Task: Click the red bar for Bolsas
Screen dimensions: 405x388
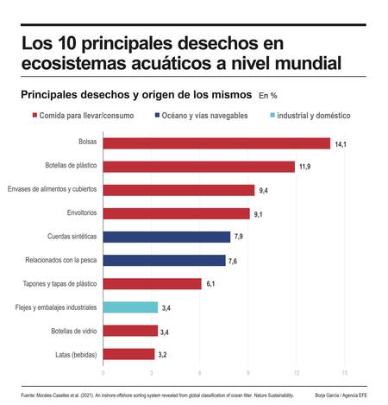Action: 216,143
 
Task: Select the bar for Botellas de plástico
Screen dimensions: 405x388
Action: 198,167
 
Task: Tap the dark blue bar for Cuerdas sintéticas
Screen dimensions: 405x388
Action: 166,237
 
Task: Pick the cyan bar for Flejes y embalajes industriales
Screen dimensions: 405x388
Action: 130,307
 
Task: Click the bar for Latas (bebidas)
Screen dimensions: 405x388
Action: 128,353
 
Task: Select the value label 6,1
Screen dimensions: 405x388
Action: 212,284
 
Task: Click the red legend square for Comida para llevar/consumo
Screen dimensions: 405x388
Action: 34,115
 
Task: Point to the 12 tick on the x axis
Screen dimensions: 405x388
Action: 297,373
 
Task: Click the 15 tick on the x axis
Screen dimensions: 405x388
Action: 345,373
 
